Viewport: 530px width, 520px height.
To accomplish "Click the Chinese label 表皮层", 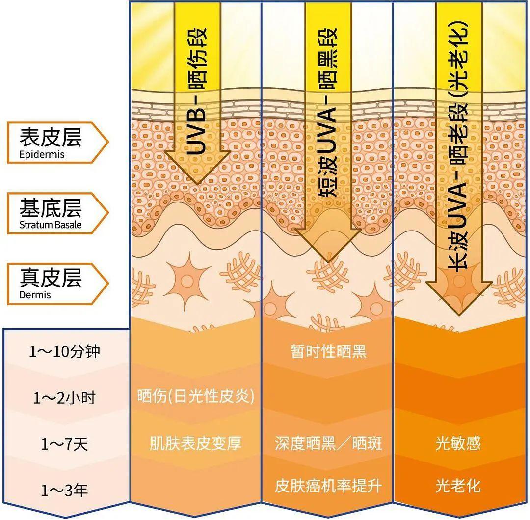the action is (x=51, y=137).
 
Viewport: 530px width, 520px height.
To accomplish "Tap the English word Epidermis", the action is (x=42, y=155).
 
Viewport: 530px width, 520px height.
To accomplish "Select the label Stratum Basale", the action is (x=51, y=225).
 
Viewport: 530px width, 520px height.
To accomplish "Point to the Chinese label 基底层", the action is (x=51, y=208).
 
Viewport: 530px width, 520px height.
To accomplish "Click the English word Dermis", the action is (x=35, y=295).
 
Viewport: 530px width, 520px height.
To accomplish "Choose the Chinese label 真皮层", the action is (x=51, y=278).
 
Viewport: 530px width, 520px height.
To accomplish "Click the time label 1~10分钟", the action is (x=64, y=351).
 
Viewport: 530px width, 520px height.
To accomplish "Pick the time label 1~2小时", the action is (x=64, y=398).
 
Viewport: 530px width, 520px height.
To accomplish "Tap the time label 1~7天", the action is (x=64, y=444).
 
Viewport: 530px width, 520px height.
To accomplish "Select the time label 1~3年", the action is (x=64, y=490).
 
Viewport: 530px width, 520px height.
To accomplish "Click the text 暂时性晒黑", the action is (x=328, y=351).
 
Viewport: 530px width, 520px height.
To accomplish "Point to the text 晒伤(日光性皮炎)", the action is (x=196, y=396).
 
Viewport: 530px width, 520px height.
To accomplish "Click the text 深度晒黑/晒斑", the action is (x=328, y=443).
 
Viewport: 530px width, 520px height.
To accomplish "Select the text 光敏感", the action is (x=458, y=443).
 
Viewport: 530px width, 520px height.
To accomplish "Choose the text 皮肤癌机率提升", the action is (x=328, y=486).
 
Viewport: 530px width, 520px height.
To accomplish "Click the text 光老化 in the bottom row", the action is (x=458, y=486).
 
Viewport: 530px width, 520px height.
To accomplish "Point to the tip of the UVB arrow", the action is (x=198, y=184).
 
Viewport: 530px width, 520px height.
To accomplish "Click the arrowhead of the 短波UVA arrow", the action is (x=328, y=262).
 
